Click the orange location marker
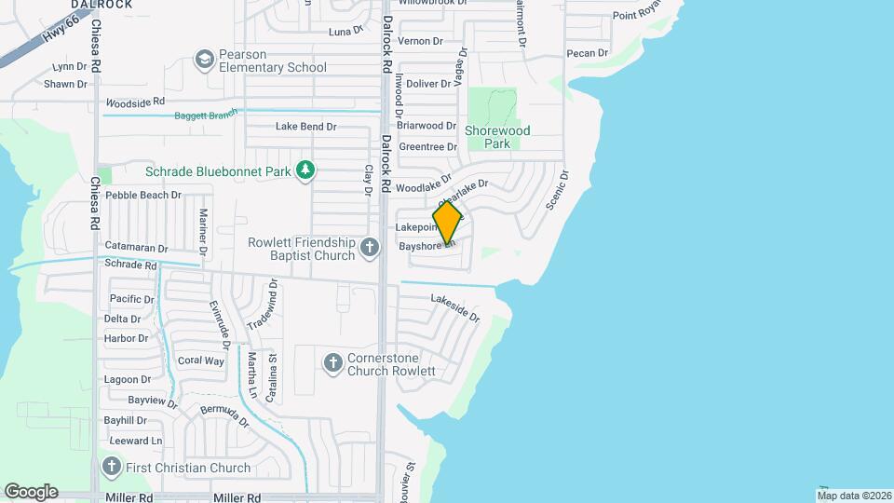point(448,223)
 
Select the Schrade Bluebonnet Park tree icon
point(305,170)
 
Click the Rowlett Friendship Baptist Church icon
point(370,248)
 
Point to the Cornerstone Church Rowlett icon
point(333,363)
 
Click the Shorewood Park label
point(497,137)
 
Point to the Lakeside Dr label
point(454,308)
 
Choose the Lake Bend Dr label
point(305,127)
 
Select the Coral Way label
point(201,360)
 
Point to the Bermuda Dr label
point(225,415)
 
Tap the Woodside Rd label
point(135,102)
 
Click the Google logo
point(31,491)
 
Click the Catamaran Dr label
point(136,249)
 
